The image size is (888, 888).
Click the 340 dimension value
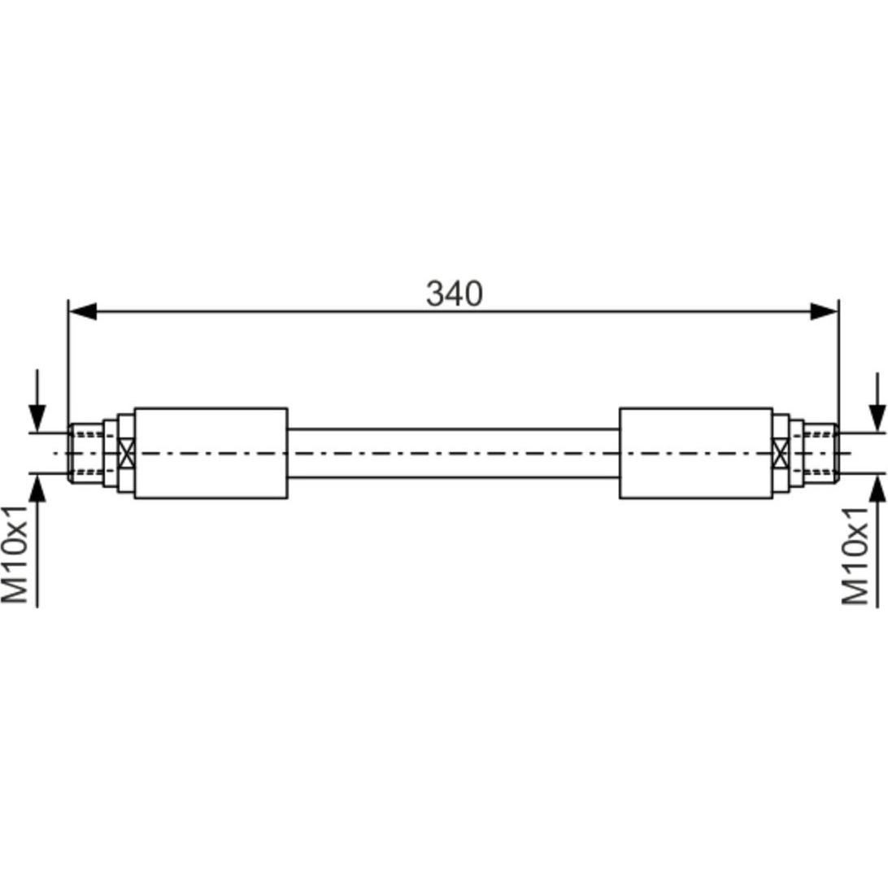pyautogui.click(x=455, y=294)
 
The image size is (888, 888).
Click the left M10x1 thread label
pyautogui.click(x=15, y=555)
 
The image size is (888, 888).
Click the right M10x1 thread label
pyautogui.click(x=855, y=555)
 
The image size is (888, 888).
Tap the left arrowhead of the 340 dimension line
pyautogui.click(x=83, y=311)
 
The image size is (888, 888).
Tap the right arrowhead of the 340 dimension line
pyautogui.click(x=824, y=311)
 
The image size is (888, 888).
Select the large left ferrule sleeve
pyautogui.click(x=211, y=453)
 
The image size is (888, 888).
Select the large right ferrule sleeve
pyautogui.click(x=696, y=453)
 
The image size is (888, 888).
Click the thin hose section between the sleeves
pyautogui.click(x=453, y=453)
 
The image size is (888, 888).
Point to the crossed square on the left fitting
pyautogui.click(x=127, y=453)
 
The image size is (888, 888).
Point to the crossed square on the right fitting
pyautogui.click(x=781, y=453)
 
